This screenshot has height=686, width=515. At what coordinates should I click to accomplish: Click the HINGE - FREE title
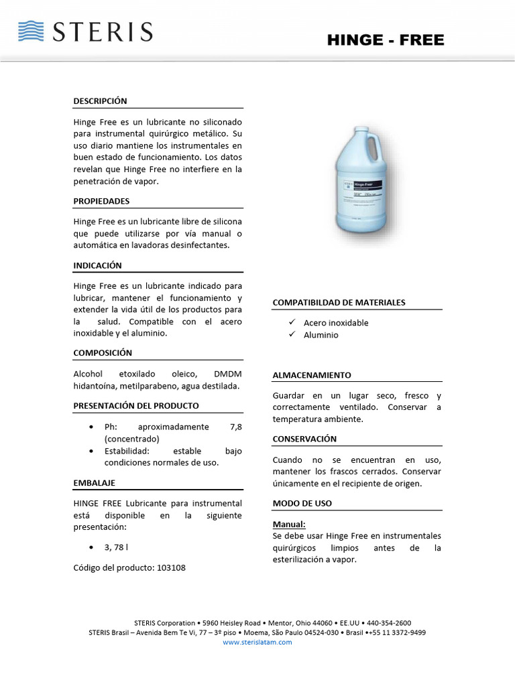coord(386,40)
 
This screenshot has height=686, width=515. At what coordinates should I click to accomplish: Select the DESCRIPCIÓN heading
coord(100,101)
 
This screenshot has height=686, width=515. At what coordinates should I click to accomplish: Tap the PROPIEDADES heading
coord(101,201)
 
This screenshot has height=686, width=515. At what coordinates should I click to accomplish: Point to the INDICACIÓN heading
coord(97,265)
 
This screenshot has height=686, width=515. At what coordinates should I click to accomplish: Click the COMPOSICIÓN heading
coord(103,352)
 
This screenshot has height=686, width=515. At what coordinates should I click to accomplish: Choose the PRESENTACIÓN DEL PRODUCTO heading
coord(136,405)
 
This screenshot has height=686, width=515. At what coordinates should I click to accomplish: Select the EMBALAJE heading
coord(95,482)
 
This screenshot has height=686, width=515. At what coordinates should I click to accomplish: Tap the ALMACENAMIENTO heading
coord(312,375)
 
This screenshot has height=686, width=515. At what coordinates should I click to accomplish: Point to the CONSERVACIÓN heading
coord(304,439)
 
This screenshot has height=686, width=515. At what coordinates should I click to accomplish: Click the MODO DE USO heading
coord(302,503)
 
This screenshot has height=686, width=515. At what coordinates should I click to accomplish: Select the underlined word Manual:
coord(289,525)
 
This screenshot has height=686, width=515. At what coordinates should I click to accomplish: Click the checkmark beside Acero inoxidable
coord(292,322)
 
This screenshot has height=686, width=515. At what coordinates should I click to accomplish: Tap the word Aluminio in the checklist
coord(321,335)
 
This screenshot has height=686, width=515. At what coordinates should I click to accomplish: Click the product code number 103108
coord(171,567)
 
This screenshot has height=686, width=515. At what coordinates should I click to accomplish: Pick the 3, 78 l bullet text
coord(116,547)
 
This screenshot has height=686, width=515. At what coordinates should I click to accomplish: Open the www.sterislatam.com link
coord(257,642)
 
